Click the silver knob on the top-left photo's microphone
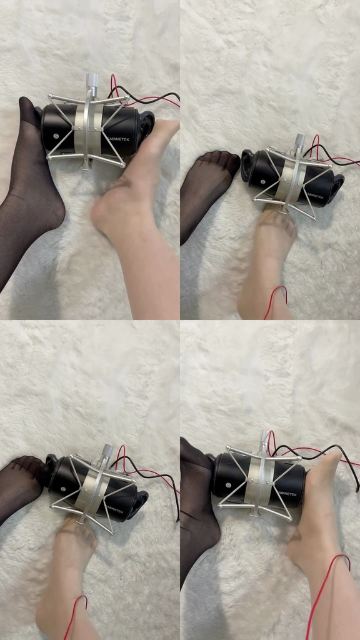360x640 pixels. [x=92, y=81]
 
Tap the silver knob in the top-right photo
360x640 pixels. [x=301, y=140]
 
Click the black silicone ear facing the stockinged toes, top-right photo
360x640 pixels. [x=248, y=165]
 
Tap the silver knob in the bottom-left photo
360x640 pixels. [x=107, y=450]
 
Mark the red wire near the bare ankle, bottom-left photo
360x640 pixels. [x=74, y=616]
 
